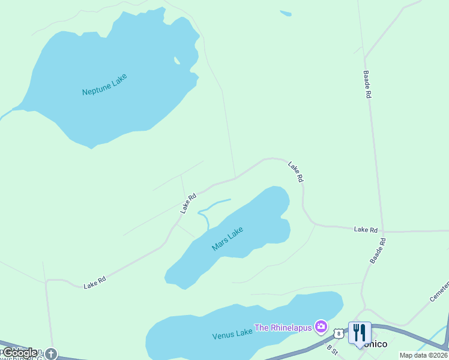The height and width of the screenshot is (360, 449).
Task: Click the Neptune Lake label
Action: tap(105, 84)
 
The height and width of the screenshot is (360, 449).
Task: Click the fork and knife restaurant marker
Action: tap(360, 332)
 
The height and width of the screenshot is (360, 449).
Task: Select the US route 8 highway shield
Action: tap(339, 333)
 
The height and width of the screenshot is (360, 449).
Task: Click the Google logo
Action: tap(20, 353)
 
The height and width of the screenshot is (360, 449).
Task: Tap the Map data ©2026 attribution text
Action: tap(423, 355)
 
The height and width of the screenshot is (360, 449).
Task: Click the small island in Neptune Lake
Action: tap(176, 60)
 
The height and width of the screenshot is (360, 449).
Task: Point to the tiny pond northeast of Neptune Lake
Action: tap(286, 13)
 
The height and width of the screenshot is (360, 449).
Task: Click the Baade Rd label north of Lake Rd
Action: tap(367, 85)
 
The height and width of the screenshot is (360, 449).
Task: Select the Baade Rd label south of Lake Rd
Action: tap(378, 251)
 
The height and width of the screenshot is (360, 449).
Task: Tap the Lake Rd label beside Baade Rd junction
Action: tap(366, 229)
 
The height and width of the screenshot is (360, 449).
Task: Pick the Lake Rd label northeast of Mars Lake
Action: tap(295, 172)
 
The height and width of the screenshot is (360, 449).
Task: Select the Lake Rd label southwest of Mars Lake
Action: tap(95, 282)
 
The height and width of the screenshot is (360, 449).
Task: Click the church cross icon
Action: tap(51, 353)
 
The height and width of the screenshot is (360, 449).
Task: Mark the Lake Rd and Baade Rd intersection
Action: tap(383, 231)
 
